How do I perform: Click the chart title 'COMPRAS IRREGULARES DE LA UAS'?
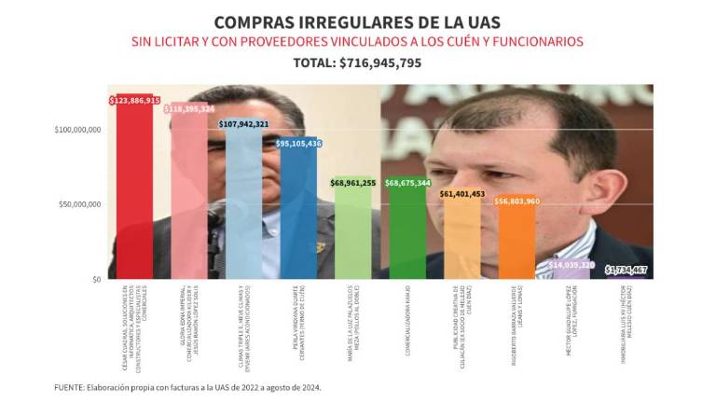pos(358,21)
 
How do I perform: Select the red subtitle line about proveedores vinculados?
pos(358,42)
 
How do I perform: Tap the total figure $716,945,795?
pos(358,63)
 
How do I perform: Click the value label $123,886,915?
pos(135,100)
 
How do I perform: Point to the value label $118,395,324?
pos(189,109)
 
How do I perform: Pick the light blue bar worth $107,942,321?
pos(243,205)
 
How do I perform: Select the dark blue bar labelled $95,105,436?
pos(298,215)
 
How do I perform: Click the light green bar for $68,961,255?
pos(353,233)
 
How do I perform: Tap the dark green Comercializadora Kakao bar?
pos(407,233)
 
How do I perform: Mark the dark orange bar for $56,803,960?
pos(517,243)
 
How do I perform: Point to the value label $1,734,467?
pos(626,270)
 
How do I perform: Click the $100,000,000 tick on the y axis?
pos(77,130)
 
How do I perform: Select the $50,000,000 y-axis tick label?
pos(80,204)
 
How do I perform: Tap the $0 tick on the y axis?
pos(96,279)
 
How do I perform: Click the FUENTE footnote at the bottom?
pos(186,386)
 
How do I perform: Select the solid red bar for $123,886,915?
pos(135,196)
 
